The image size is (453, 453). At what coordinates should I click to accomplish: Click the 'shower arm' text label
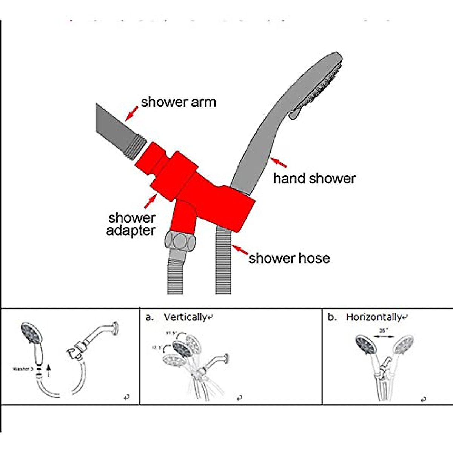tap(178, 102)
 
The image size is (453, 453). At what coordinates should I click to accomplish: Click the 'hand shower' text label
tap(314, 179)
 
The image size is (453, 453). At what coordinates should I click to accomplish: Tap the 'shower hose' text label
tap(289, 258)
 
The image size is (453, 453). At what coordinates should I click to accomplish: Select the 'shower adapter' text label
tap(131, 224)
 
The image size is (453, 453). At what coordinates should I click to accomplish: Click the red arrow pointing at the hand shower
tap(279, 163)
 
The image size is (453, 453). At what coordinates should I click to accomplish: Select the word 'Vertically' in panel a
tap(185, 317)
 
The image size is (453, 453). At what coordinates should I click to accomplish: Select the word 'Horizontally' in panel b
tap(374, 317)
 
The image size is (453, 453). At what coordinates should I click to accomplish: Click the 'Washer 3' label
tap(23, 369)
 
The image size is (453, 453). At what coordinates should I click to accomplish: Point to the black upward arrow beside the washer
tap(48, 370)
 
